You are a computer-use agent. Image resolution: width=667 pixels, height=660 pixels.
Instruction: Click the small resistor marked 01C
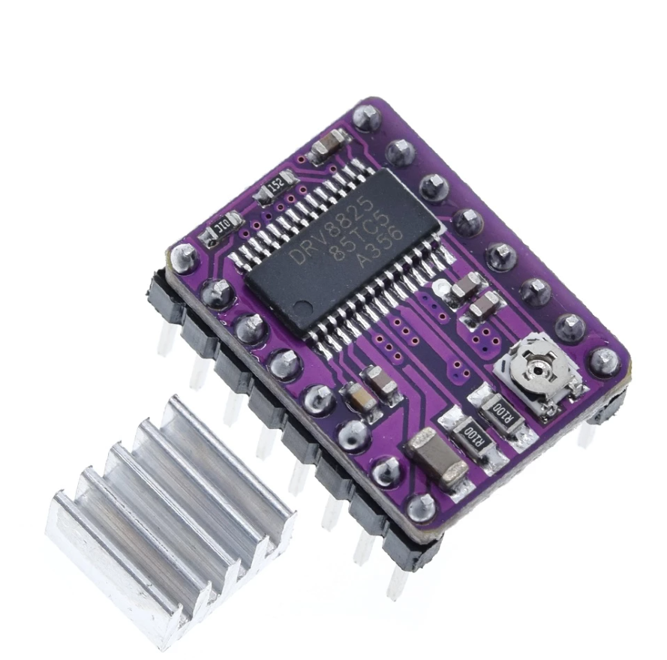(223, 226)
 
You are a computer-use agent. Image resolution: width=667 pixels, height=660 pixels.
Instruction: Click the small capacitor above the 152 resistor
(329, 145)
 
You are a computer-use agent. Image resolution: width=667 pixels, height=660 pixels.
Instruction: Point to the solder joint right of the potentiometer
(604, 360)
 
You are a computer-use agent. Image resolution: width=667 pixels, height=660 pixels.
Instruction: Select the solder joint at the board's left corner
(184, 257)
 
